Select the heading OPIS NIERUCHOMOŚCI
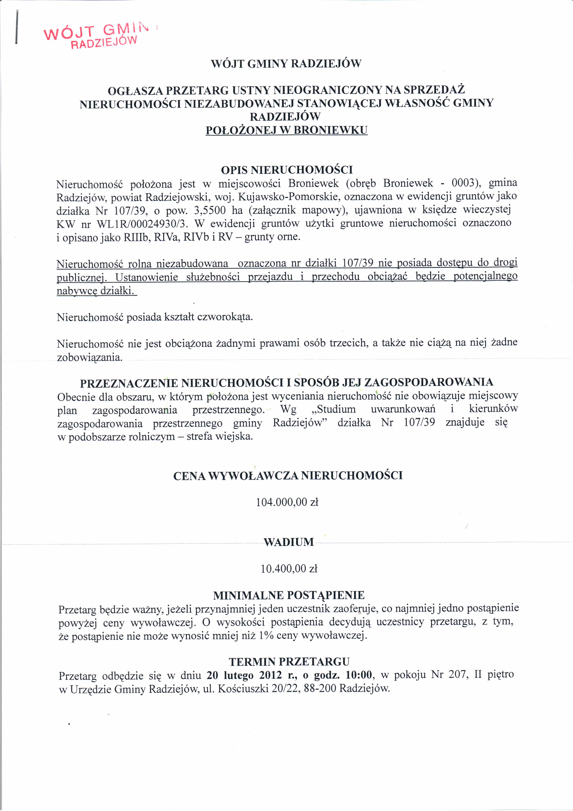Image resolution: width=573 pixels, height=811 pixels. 287,170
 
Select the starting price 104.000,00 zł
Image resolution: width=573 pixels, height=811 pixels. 287,502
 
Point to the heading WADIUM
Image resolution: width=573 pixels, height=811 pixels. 288,542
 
